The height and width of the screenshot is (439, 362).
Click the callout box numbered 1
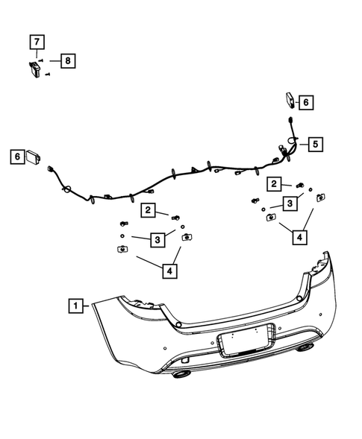75,304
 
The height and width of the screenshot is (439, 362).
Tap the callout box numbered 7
37,42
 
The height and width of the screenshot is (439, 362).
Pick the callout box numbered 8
67,60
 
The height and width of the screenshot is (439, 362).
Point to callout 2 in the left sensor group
150,211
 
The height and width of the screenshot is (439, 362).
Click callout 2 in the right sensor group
275,183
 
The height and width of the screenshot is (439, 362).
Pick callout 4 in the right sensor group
298,237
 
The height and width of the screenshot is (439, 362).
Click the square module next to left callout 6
34,157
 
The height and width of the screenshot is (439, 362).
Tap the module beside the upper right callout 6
290,101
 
